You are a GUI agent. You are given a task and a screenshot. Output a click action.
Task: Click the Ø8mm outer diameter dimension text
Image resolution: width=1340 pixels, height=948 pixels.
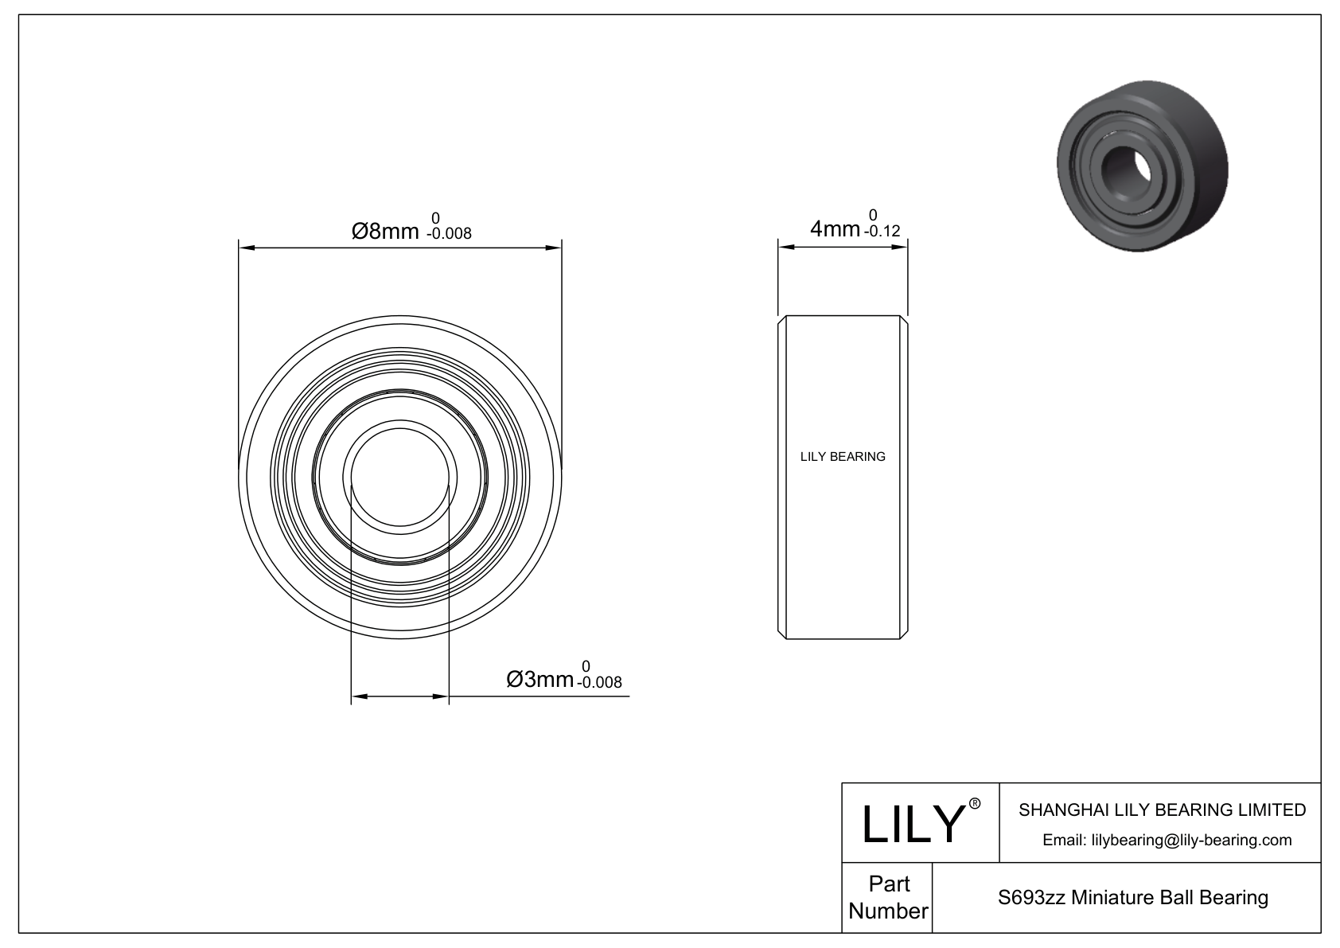(385, 231)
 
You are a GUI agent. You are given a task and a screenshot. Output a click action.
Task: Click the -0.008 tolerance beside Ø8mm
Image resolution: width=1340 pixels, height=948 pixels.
(449, 233)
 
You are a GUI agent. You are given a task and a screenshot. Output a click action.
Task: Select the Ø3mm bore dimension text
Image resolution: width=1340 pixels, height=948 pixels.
(540, 679)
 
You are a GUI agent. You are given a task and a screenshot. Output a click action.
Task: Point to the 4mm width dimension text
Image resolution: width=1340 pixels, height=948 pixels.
(834, 229)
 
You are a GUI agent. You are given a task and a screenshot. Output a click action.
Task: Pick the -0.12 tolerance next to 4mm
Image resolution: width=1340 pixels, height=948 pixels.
(881, 232)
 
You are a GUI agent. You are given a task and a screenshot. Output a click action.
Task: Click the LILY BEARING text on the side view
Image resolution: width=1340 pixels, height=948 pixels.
(842, 457)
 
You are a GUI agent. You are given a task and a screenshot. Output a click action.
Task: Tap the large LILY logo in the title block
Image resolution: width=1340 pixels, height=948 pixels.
(913, 824)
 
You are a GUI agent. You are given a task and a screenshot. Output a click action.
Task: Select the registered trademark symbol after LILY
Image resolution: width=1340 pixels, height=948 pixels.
(974, 804)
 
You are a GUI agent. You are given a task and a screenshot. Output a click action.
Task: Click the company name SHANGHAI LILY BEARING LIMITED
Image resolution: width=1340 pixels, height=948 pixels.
(1162, 810)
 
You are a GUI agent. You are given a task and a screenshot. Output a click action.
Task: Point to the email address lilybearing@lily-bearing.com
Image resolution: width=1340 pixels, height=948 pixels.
(1167, 840)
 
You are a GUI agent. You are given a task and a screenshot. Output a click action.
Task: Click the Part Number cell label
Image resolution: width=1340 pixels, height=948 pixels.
(887, 897)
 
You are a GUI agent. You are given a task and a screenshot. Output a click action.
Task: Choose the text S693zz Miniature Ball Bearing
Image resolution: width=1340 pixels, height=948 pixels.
(1132, 898)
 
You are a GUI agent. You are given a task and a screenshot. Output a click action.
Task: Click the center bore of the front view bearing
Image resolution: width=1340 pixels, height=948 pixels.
(400, 477)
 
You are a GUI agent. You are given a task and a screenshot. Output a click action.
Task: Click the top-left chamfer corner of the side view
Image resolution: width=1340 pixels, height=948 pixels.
(781, 319)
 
